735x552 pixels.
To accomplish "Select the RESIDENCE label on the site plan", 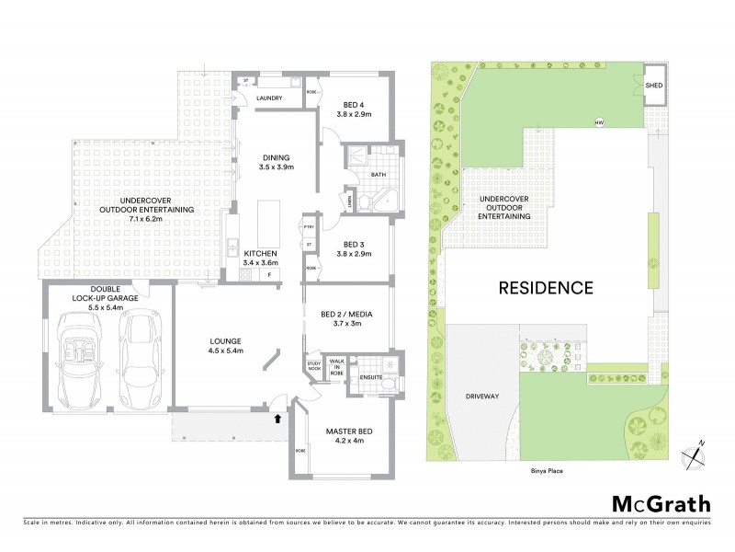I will click(545, 288).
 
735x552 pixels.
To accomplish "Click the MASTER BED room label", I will click(345, 433).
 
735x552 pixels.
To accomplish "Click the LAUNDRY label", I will click(269, 98).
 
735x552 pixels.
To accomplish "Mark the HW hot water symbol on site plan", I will click(599, 123).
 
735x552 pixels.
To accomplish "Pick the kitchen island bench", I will click(269, 221).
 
